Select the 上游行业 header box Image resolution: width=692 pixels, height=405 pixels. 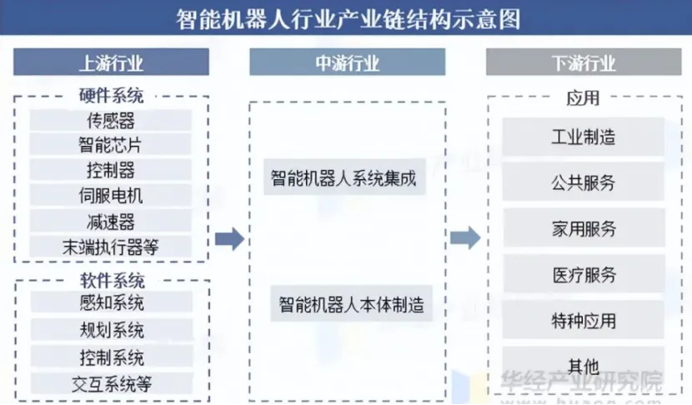tap(111, 62)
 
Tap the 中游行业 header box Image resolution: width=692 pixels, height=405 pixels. tap(347, 62)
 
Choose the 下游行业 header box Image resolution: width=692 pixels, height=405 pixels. tap(584, 62)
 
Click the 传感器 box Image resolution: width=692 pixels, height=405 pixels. tap(111, 121)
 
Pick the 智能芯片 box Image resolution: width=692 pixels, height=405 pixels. tap(111, 145)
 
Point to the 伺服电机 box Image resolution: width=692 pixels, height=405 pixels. tap(111, 197)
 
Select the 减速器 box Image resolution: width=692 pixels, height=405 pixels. tap(111, 222)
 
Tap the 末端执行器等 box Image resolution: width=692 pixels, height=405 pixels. tap(111, 247)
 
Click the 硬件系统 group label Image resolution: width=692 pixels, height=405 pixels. tap(111, 96)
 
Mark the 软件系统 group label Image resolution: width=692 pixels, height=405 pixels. tap(111, 280)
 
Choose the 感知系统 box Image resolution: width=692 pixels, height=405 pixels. tap(111, 302)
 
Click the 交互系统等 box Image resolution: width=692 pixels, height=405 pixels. tap(111, 383)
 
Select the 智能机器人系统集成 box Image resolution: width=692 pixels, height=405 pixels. tap(343, 177)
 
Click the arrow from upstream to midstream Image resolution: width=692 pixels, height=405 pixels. tap(228, 240)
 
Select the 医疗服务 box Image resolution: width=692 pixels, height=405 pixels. tap(584, 274)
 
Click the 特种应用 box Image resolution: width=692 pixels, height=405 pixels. tap(584, 320)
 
